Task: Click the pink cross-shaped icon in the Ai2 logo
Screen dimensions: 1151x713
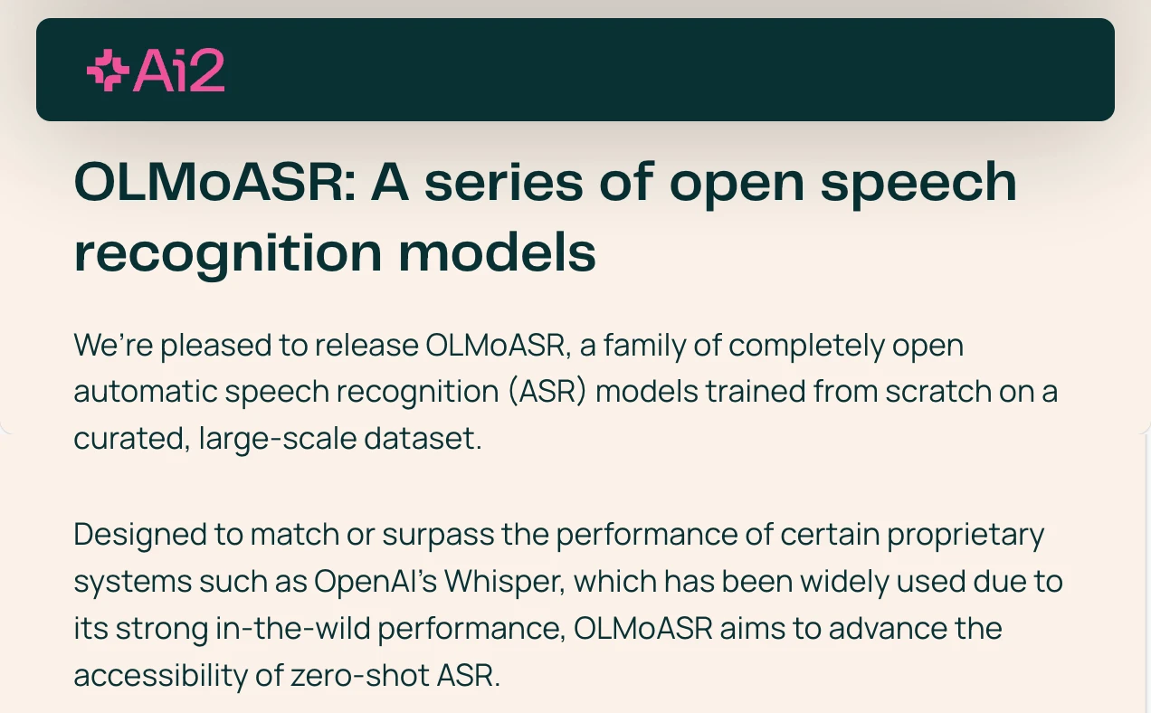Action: [x=108, y=71]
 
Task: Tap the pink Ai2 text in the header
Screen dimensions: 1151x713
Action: [x=179, y=71]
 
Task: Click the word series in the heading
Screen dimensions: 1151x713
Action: [x=503, y=183]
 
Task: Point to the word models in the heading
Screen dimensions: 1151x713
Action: [x=497, y=252]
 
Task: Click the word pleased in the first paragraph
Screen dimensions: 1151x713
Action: [x=216, y=346]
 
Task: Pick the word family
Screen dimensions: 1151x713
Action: [x=645, y=346]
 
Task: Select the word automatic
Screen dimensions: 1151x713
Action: [x=146, y=392]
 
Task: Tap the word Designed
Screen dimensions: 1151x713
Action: [x=140, y=535]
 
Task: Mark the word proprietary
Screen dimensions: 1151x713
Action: [x=966, y=535]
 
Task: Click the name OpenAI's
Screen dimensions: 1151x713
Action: [x=376, y=582]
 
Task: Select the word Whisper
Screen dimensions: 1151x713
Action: [x=505, y=582]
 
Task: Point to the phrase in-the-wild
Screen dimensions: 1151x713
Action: [x=293, y=629]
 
